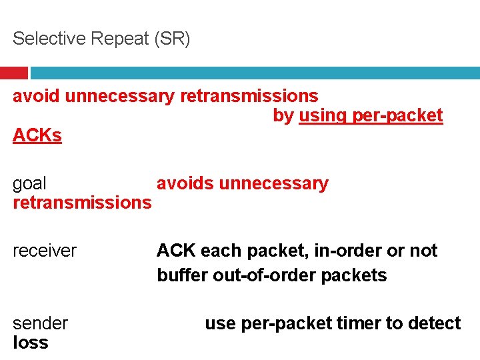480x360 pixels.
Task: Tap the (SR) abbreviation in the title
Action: point(171,39)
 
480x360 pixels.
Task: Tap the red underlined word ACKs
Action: point(37,136)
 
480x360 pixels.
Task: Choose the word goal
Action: point(29,184)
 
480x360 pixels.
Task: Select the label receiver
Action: point(45,251)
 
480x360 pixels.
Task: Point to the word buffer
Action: point(179,275)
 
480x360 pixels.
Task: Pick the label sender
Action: point(40,324)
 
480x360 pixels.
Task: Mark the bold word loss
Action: point(31,343)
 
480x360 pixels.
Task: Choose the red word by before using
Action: point(283,115)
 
